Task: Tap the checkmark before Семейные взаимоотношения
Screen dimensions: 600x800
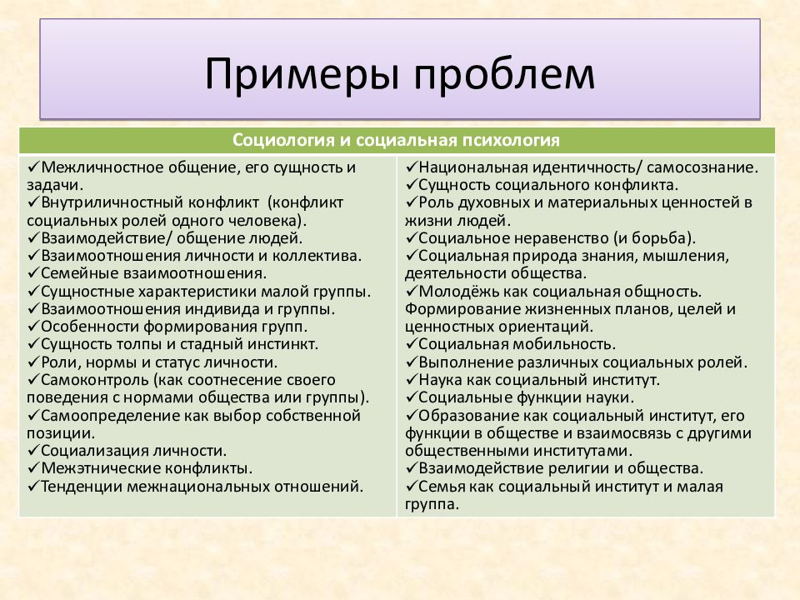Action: click(x=32, y=272)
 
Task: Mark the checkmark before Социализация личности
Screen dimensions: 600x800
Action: click(x=32, y=450)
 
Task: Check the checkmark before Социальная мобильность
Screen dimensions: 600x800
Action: click(x=412, y=343)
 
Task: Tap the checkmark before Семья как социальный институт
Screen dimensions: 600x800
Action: click(x=412, y=486)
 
